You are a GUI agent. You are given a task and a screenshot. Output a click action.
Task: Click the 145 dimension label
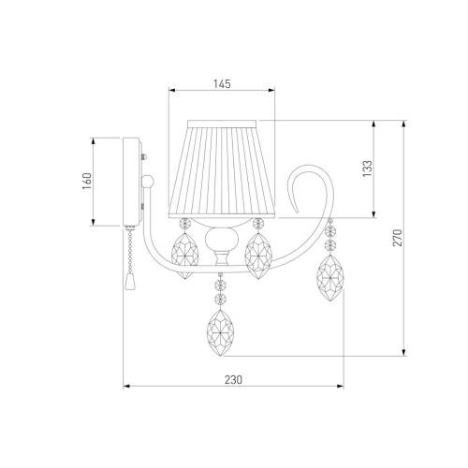(222, 84)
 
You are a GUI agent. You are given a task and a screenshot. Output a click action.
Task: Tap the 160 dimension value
(87, 182)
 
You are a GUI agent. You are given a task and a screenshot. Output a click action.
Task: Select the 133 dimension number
(367, 168)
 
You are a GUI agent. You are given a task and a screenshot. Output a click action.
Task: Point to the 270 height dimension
(398, 238)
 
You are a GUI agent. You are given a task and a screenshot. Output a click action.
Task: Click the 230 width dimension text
(233, 380)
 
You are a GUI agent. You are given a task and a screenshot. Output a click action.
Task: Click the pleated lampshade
(222, 168)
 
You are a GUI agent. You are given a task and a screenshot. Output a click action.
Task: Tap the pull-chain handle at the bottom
(128, 281)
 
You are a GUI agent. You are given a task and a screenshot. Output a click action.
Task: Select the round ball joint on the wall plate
(147, 182)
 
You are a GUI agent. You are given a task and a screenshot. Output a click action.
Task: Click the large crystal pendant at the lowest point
(220, 333)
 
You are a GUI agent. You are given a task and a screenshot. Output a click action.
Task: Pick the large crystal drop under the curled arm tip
(330, 278)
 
